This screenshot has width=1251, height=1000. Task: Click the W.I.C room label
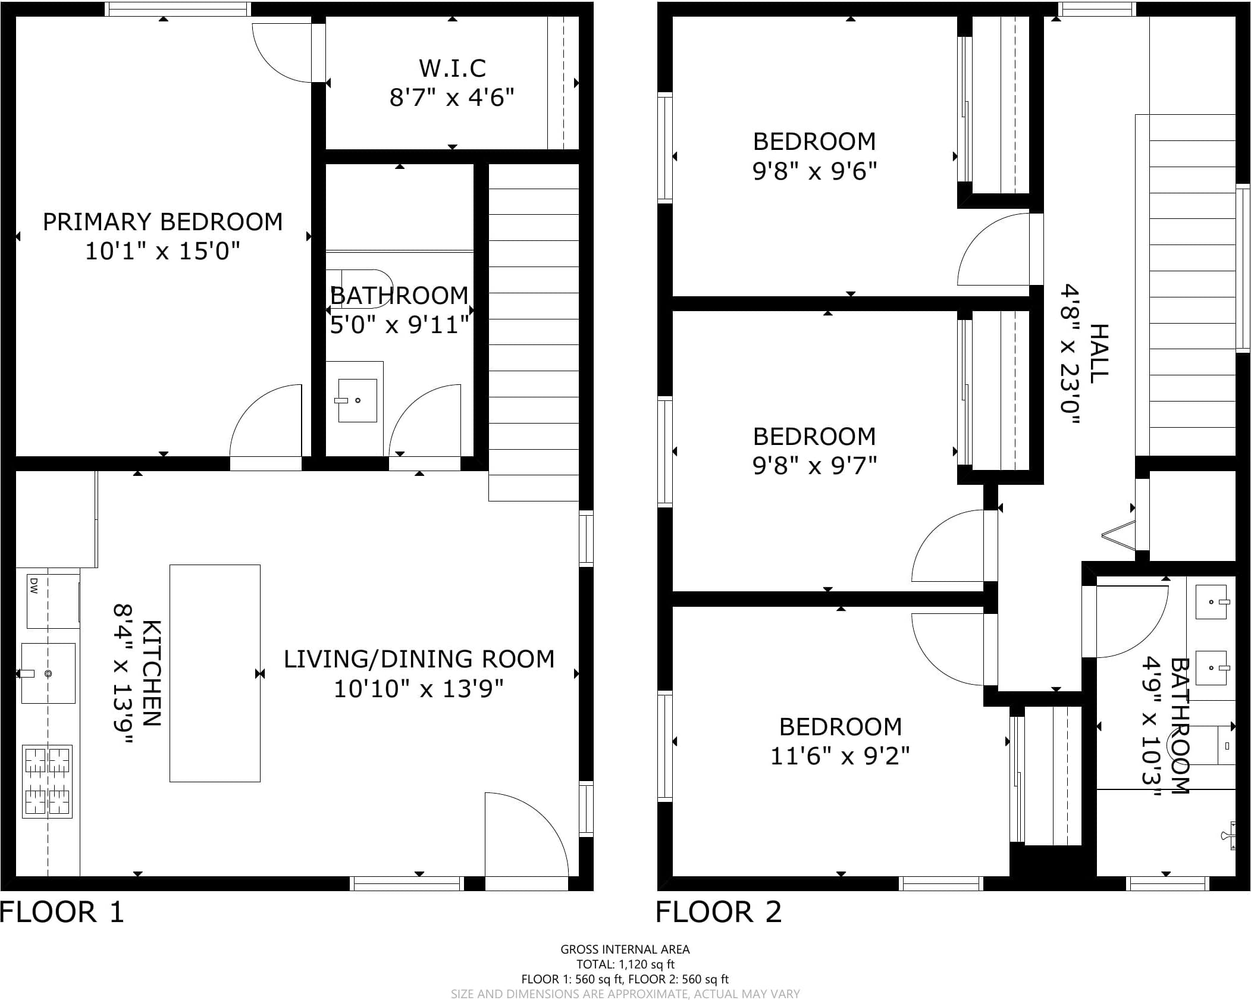coord(453,68)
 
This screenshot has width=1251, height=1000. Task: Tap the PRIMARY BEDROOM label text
coord(162,222)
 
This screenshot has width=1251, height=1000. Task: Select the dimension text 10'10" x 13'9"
coord(419,689)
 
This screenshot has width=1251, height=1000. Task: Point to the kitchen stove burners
coord(48,781)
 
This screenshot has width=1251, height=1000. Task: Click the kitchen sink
coord(48,673)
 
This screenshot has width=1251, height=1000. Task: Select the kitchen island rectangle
coord(215,673)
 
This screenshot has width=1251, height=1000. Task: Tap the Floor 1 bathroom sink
coord(357,400)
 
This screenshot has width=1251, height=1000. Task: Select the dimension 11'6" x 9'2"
coord(840,756)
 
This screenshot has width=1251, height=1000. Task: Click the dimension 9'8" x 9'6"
coord(814,171)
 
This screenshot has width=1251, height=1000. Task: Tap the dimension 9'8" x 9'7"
coord(814,466)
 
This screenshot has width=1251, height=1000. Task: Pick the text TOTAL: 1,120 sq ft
coord(625,964)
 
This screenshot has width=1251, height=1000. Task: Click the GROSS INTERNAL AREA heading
coord(625,949)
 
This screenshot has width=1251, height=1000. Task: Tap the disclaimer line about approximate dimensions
coord(625,994)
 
